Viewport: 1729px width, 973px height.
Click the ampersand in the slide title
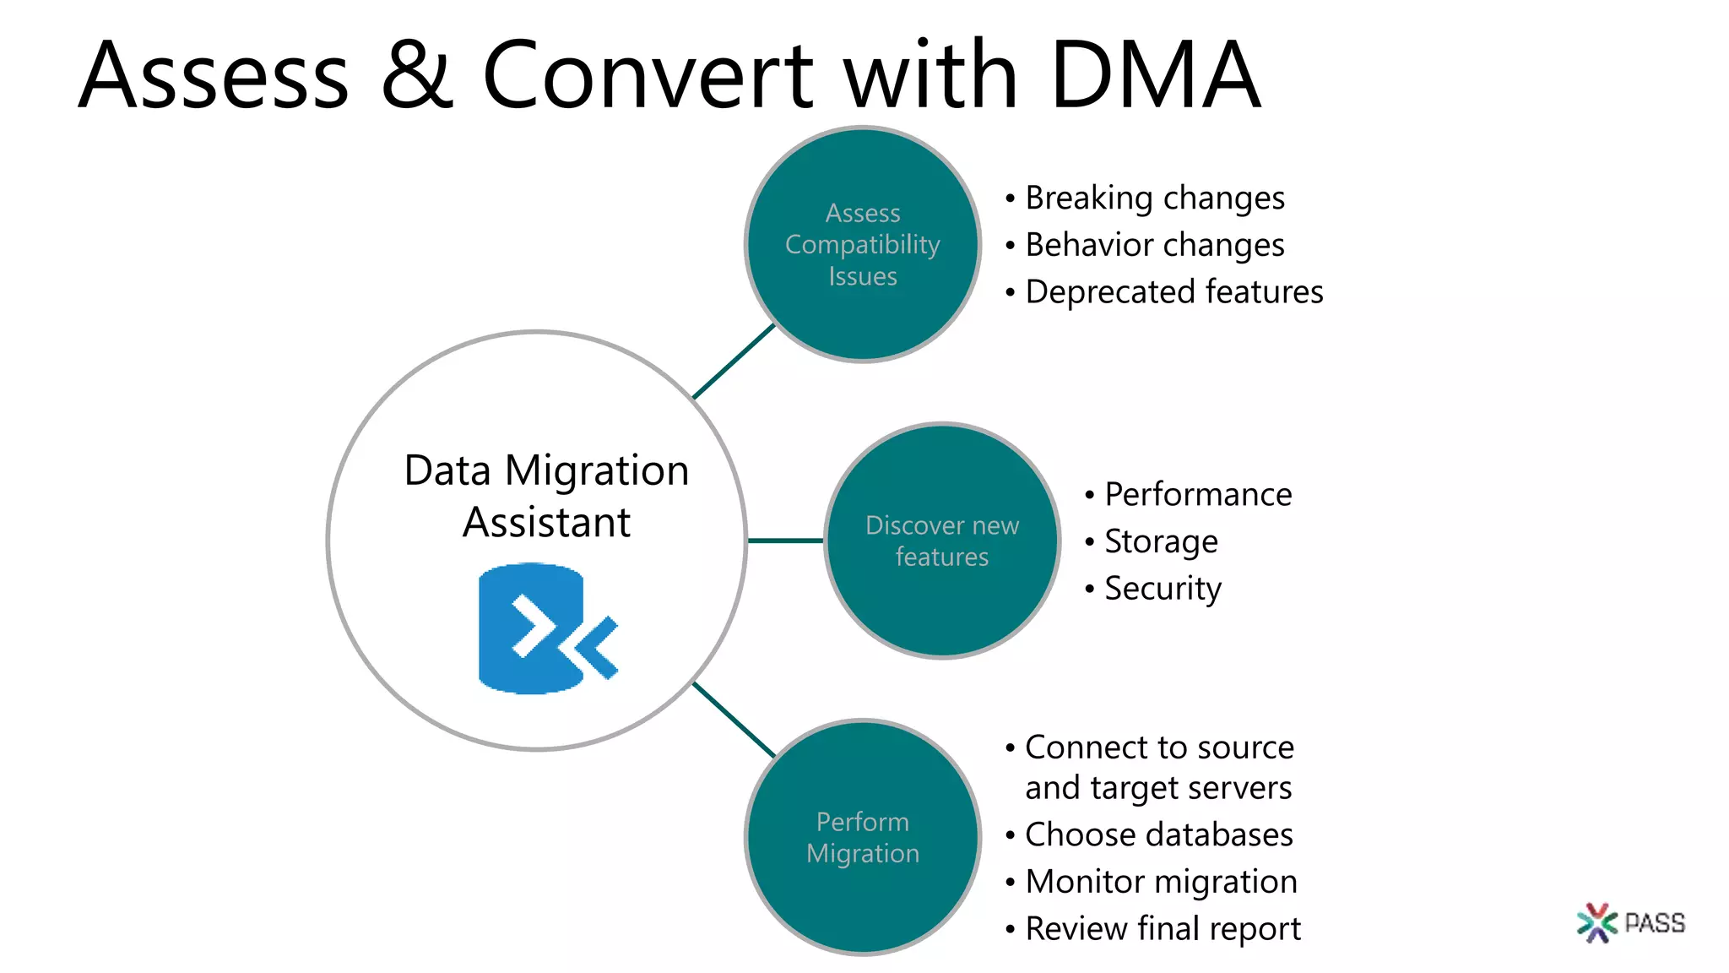(417, 76)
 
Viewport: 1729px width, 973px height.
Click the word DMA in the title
(1155, 76)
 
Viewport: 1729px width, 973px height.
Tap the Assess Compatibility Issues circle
(862, 244)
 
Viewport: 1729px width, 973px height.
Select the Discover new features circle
(942, 541)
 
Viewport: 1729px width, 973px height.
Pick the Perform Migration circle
(862, 837)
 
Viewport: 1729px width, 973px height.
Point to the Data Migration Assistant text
(546, 496)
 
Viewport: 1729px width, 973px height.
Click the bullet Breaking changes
(1154, 198)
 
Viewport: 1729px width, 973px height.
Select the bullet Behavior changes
(1154, 245)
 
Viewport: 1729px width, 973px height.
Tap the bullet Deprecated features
(1173, 292)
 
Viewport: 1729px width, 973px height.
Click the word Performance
(1197, 494)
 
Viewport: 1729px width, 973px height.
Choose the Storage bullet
(1161, 541)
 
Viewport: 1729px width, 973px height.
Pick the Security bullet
(1163, 588)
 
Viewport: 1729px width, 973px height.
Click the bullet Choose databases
(1158, 834)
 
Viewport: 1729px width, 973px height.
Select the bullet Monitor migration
(1161, 882)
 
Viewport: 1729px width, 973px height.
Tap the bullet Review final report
(1163, 928)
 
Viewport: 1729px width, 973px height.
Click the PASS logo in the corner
(1630, 922)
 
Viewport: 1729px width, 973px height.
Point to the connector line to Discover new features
(785, 541)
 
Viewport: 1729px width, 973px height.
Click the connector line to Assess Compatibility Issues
(733, 361)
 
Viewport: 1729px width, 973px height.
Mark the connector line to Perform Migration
(733, 720)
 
